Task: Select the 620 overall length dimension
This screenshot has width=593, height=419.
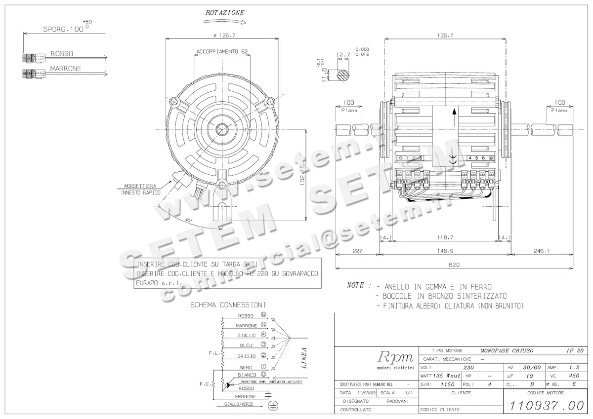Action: pos(454,265)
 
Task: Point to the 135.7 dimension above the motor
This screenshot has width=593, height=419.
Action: pos(445,36)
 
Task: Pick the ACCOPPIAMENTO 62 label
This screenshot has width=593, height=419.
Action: pos(222,51)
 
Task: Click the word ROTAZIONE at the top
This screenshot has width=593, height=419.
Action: pos(224,12)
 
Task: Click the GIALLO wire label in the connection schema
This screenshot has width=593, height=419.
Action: pos(246,335)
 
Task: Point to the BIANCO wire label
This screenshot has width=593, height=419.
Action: pos(246,375)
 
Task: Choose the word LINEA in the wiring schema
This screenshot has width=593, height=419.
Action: pos(304,357)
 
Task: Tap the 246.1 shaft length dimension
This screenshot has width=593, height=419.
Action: pos(541,251)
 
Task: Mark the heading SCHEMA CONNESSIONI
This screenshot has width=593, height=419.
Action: pos(228,305)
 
